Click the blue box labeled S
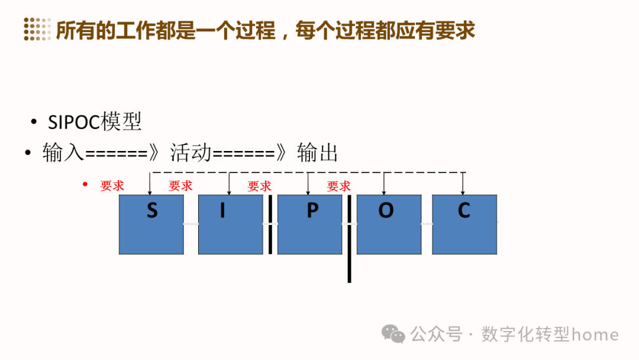tap(151, 224)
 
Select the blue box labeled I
tap(230, 224)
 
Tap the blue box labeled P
tap(309, 224)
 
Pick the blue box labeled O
tap(389, 224)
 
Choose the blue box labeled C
tap(464, 224)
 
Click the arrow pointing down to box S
tap(150, 184)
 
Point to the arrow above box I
tap(228, 184)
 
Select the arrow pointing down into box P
tap(308, 184)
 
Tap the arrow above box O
tap(385, 184)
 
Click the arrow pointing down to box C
tap(463, 184)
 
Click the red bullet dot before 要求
tap(85, 185)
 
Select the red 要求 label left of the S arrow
tap(112, 186)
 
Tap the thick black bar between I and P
tap(270, 224)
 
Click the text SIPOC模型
tap(95, 122)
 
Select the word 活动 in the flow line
tap(191, 153)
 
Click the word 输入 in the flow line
tap(63, 153)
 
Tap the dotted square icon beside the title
tap(37, 30)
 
